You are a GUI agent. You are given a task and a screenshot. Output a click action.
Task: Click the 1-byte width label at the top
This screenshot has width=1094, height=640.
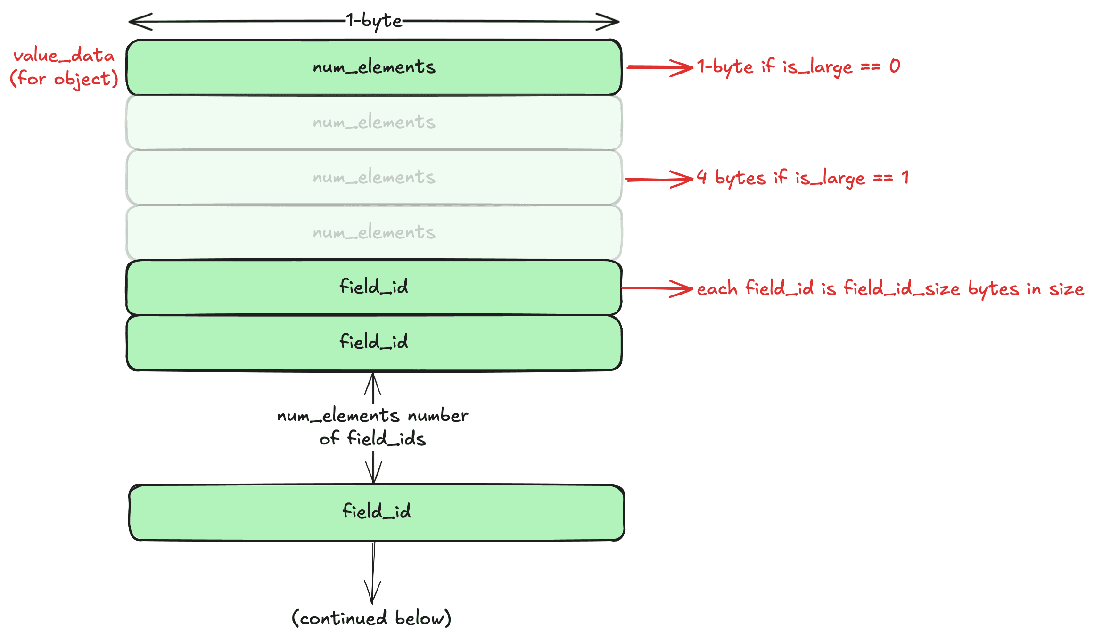[374, 21]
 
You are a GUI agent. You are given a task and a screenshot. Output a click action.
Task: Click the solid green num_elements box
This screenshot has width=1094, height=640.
[374, 67]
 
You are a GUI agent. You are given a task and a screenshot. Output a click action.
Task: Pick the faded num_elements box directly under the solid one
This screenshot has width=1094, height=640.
[374, 123]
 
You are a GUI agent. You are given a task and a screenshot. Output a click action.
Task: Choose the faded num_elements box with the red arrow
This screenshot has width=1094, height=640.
[374, 178]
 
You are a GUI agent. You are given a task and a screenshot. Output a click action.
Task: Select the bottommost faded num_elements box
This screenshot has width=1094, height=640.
[374, 232]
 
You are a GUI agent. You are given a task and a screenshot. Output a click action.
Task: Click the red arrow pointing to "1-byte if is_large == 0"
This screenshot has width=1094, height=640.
[660, 67]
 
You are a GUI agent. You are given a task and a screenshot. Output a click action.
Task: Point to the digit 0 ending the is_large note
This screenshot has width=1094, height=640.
[895, 66]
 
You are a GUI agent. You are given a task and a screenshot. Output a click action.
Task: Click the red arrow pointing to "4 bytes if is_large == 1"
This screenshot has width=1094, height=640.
[660, 179]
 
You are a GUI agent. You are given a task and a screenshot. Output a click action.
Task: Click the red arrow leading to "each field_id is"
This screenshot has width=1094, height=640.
[658, 288]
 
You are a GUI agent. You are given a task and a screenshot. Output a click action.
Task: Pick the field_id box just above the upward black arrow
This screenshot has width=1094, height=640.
[374, 343]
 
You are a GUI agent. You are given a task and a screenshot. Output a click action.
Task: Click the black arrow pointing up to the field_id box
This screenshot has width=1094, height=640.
[373, 388]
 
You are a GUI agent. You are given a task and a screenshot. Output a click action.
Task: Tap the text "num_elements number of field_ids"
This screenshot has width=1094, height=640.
[373, 427]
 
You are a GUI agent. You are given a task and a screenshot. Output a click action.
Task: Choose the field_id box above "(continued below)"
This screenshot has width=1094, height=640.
[377, 512]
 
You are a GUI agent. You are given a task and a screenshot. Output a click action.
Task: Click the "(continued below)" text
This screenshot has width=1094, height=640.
[371, 618]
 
